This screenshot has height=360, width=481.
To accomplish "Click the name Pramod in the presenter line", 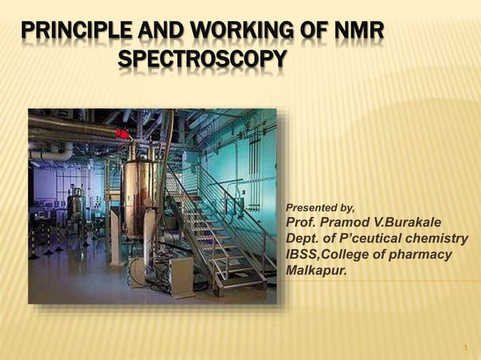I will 348,223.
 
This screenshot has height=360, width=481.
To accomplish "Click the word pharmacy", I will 423,255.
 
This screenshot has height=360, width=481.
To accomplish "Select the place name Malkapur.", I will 317,271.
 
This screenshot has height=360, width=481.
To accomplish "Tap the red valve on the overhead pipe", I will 121,134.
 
